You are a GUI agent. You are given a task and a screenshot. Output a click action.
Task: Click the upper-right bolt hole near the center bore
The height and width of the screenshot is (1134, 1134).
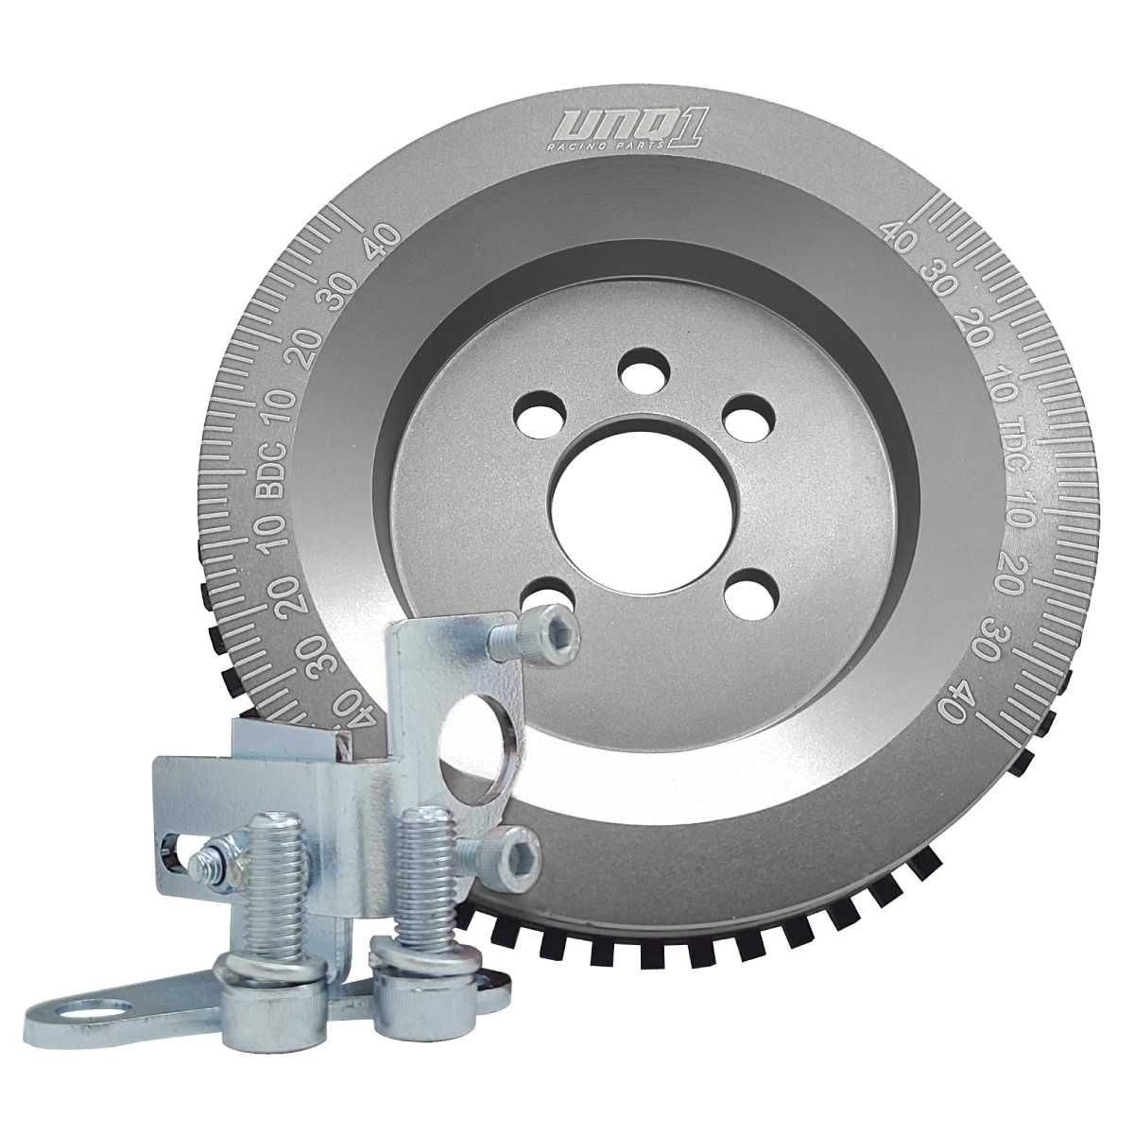click(747, 418)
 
